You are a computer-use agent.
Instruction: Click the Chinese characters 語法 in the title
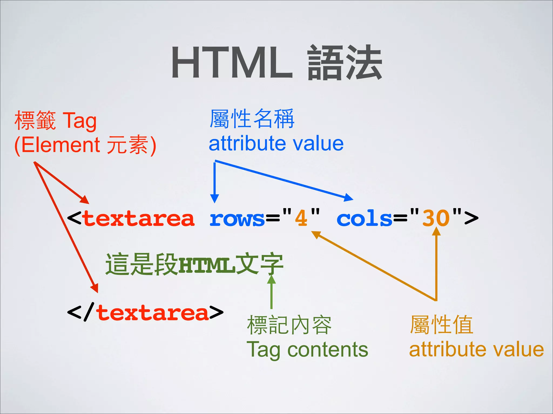coord(345,63)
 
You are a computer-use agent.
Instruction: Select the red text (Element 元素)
coord(85,145)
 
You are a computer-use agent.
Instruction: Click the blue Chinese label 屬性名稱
coord(252,119)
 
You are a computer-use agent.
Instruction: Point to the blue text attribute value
coord(276,143)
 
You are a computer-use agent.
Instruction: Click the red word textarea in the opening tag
coord(139,218)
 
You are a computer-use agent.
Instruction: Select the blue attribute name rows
coord(237,218)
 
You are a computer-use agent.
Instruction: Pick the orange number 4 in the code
coord(301,218)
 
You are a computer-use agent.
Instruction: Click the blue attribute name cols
coord(364,218)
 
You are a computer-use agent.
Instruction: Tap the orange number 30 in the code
coord(436,218)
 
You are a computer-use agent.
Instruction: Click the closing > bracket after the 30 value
coord(471,218)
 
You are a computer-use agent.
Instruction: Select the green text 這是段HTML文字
coord(194,264)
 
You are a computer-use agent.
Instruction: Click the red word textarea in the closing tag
coord(153,313)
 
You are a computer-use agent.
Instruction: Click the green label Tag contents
coord(307,350)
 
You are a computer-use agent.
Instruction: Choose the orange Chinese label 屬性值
coord(441,325)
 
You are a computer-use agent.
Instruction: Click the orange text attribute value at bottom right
coord(476,350)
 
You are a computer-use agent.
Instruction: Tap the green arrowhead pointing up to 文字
coord(271,279)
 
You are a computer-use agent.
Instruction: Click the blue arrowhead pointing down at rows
coord(214,198)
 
